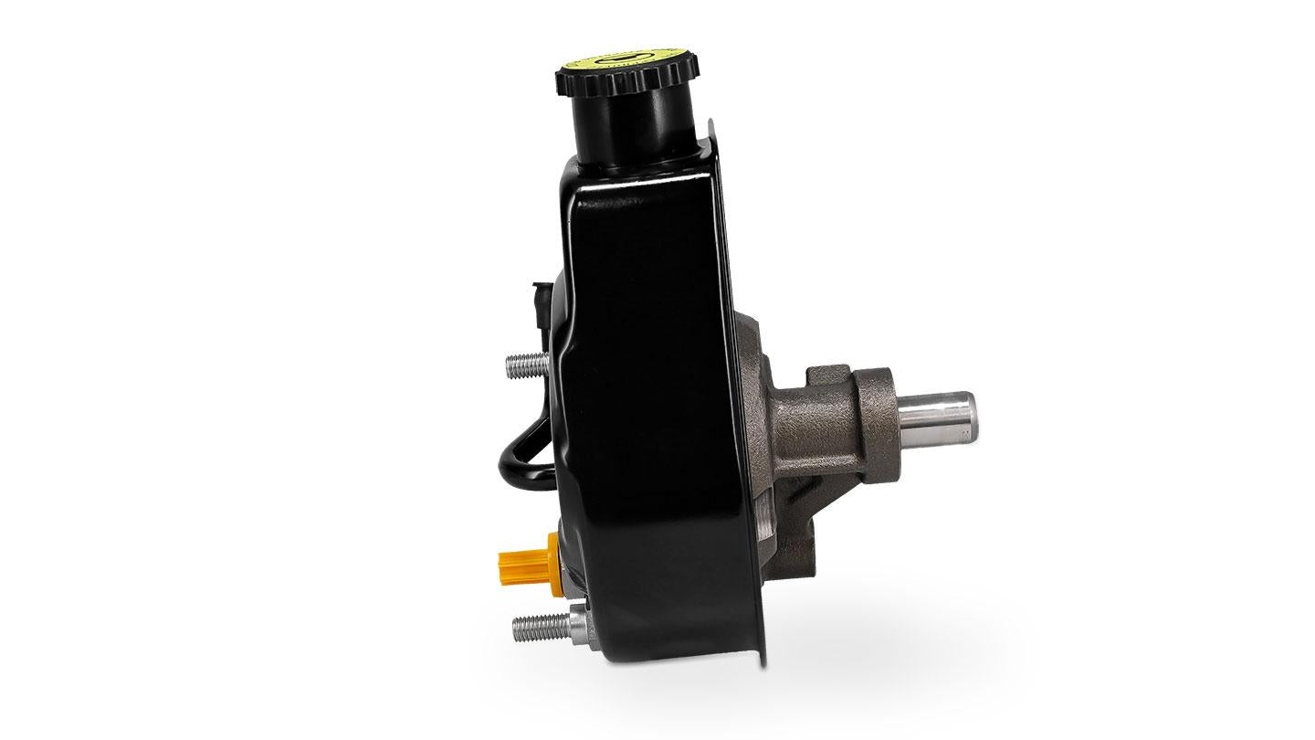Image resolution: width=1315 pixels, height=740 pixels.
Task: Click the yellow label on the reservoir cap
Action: coord(626,63)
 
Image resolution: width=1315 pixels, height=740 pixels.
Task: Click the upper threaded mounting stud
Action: coord(523,366)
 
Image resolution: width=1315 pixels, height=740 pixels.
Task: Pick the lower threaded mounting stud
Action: coord(531,628)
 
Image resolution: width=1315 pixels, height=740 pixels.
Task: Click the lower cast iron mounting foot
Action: coord(794,548)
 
